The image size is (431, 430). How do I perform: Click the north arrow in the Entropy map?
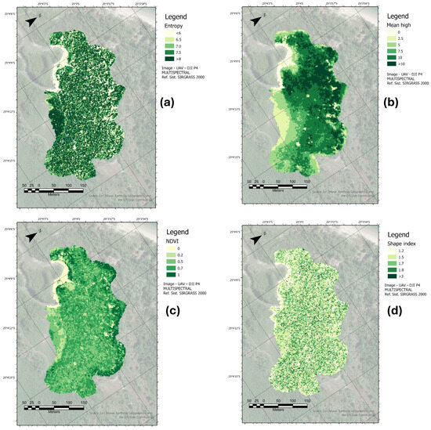31,23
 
